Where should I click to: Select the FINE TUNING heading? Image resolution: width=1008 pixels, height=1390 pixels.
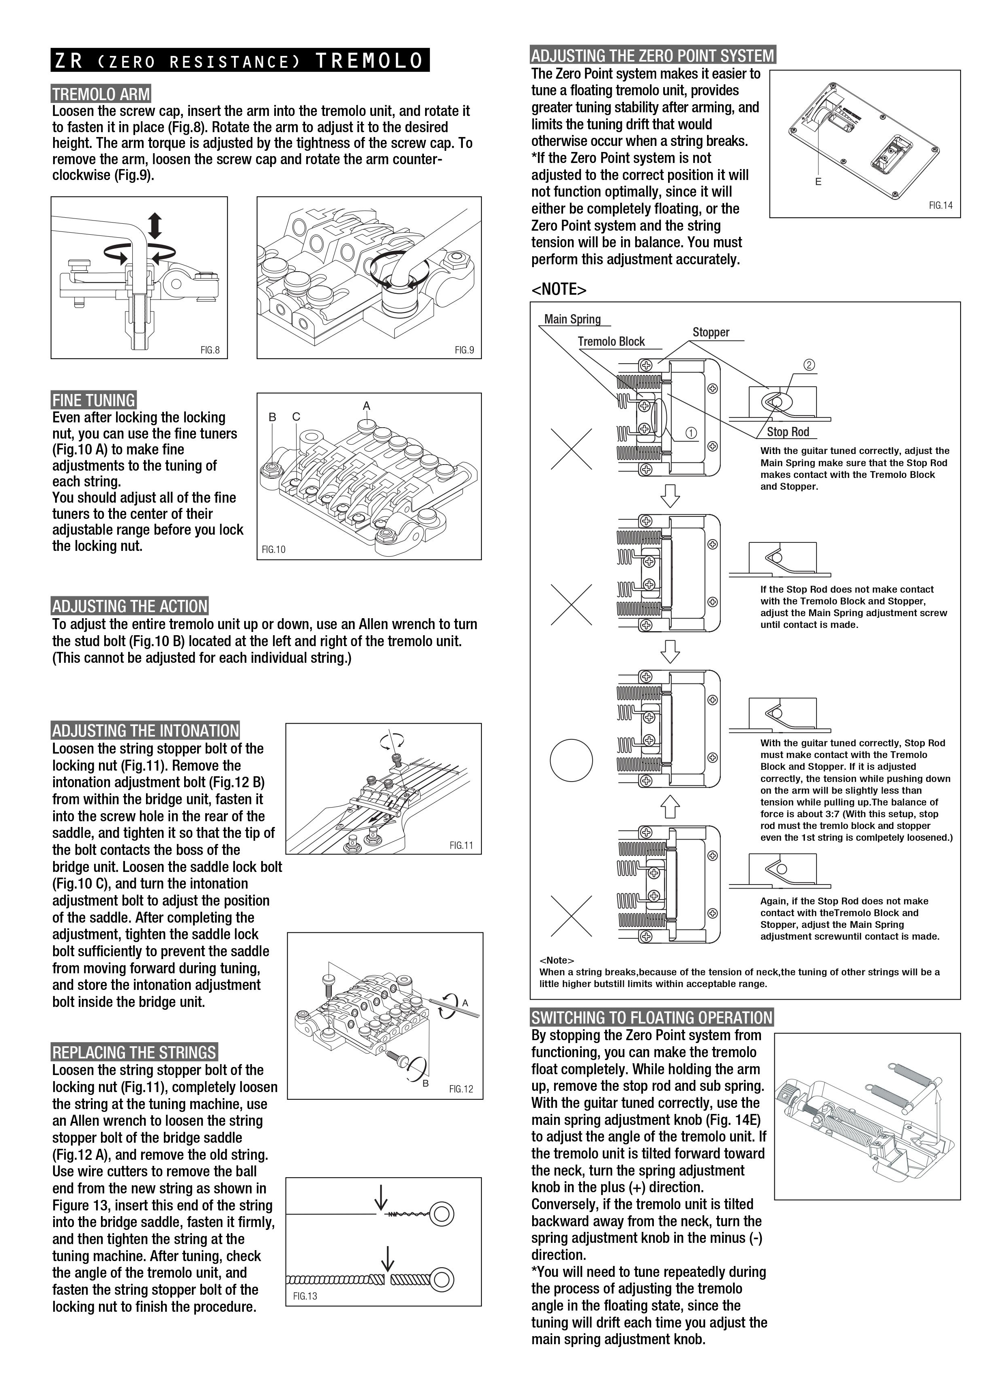pos(93,400)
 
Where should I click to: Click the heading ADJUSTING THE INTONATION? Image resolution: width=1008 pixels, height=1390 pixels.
pos(145,730)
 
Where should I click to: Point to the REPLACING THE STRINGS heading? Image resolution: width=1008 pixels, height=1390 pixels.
pos(134,1053)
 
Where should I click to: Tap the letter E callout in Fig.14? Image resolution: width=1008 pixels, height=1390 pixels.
pos(818,182)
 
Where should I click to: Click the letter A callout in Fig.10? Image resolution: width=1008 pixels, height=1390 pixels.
pos(367,406)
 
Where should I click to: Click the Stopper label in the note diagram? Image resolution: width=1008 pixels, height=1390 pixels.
pos(711,332)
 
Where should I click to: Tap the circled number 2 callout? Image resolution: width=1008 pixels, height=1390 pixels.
pos(809,365)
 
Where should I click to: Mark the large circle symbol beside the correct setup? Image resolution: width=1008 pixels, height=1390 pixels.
pos(572,760)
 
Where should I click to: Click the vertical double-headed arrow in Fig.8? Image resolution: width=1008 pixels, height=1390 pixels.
pos(155,225)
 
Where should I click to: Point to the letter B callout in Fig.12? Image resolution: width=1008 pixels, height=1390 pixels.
pos(426,1084)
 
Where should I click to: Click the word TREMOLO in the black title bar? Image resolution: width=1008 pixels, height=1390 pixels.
pos(369,61)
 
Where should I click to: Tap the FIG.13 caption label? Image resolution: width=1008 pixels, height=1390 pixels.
pos(305,1296)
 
